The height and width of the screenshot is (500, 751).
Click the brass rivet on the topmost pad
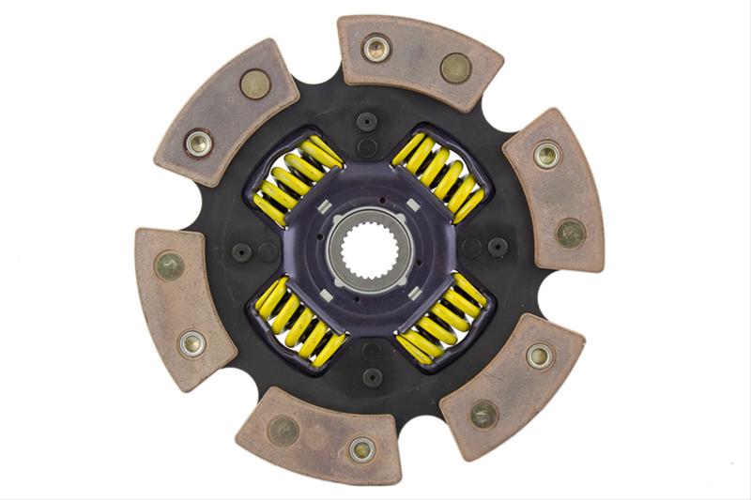coord(456,67)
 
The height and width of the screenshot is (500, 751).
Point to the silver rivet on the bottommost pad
coord(362,449)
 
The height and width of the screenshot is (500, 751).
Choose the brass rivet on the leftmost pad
coord(169,265)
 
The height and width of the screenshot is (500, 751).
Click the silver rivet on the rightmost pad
coord(547,156)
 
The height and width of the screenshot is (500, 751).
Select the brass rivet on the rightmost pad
coord(570,233)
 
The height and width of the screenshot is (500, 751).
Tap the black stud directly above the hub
coord(367,122)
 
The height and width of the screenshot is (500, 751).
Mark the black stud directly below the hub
coord(372,376)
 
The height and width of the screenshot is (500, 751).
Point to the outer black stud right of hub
coord(498,247)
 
